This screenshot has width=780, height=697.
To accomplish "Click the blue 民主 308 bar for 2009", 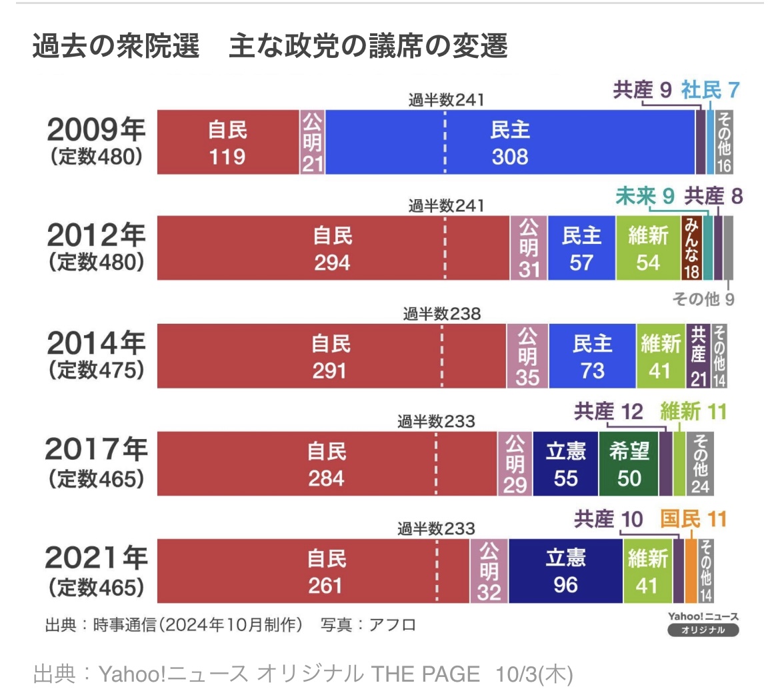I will pos(510,143).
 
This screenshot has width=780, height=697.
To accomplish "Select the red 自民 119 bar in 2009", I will pos(228,143).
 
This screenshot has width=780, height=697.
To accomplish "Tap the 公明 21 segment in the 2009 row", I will pos(312,143).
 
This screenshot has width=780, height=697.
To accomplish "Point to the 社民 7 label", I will pos(710,90).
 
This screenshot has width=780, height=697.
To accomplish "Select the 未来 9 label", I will pos(645,196).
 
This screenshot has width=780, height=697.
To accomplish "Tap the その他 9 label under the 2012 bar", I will pos(703,299).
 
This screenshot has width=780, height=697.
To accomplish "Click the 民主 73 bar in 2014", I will pos(592,356).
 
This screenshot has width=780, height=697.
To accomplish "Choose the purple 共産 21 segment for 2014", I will pos(698,356).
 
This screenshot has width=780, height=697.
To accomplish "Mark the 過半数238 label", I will pos(441,314).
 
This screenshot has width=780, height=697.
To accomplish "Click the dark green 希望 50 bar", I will pos(629,464).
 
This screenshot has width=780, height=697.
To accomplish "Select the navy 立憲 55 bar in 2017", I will pos(565,464).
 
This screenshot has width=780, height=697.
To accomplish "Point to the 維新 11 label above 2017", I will pos(693,412).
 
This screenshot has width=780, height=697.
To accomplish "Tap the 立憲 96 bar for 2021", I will pos(565,571).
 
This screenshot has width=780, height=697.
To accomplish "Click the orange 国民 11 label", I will pos(693,518).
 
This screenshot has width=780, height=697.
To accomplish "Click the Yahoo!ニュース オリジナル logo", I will pos(703,624).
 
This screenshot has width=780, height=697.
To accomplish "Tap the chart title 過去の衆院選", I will pos(115,47).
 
